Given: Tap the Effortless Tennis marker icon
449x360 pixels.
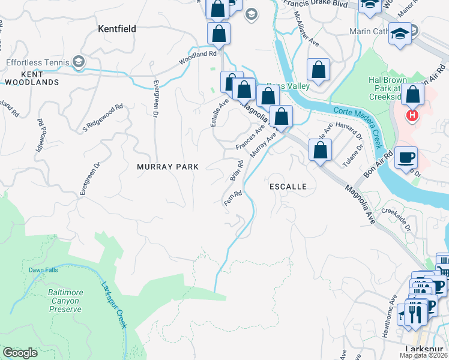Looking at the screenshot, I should point(78,61).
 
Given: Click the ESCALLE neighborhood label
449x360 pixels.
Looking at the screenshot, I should point(288,187).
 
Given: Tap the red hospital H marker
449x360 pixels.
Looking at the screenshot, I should point(411,115).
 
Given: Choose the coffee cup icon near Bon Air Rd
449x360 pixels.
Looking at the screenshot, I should point(406,157).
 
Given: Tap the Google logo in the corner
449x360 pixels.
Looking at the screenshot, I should point(20,353).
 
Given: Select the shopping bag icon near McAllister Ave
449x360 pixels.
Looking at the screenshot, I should point(318,70).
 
